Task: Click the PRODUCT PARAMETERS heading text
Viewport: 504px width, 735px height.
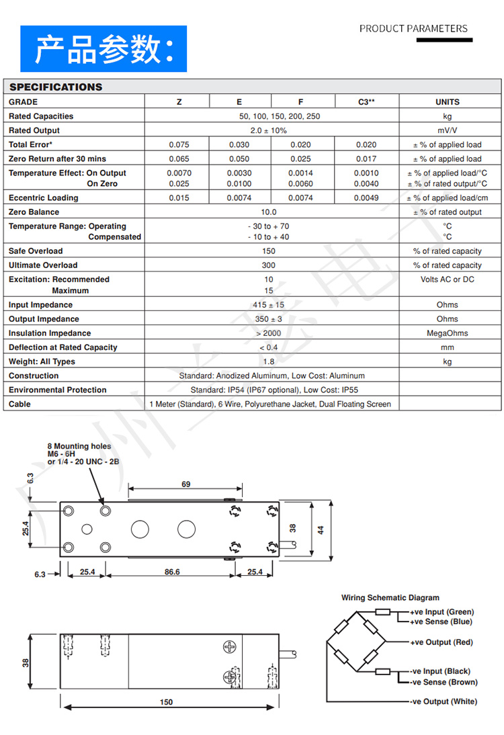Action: [413, 28]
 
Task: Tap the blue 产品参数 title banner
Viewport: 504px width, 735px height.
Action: [103, 49]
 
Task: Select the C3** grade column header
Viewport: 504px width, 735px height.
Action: [366, 102]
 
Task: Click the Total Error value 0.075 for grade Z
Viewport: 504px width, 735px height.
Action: [179, 144]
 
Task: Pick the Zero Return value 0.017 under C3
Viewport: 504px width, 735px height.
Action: [366, 159]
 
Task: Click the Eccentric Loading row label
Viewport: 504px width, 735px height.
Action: [44, 198]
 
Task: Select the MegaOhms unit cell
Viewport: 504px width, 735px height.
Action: [447, 333]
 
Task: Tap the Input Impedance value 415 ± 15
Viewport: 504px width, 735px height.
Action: [268, 305]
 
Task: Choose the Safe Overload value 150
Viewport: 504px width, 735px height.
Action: [268, 251]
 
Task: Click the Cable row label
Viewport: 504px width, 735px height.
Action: [19, 404]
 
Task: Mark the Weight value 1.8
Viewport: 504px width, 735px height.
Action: [268, 361]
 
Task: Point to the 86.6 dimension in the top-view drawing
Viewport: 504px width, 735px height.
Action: [172, 572]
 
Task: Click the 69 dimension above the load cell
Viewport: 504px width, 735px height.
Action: [186, 484]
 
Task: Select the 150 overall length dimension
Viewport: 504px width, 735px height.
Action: [166, 702]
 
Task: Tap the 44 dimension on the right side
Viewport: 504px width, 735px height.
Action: [321, 530]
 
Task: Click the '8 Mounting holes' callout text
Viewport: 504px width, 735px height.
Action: [79, 446]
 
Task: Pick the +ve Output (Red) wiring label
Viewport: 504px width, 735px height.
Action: [442, 643]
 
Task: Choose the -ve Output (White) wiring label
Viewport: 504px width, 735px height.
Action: [444, 702]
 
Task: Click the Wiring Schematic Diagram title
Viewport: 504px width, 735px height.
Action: [390, 598]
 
